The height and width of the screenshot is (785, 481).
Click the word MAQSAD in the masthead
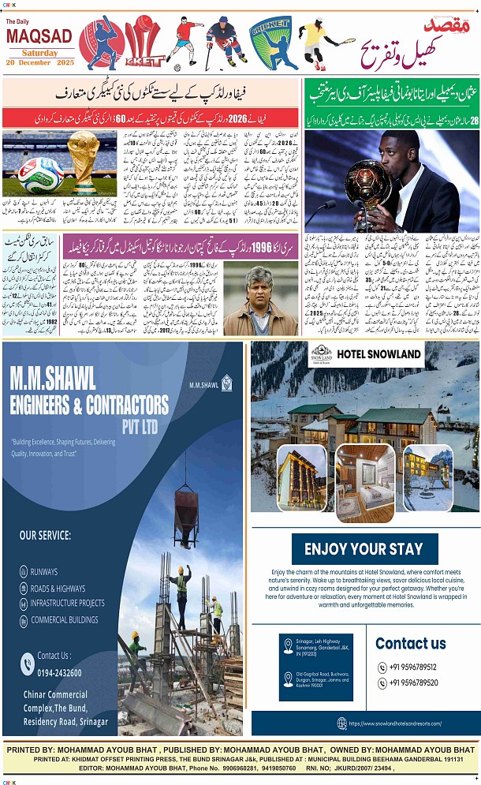pyautogui.click(x=39, y=36)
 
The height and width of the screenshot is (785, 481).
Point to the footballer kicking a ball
pyautogui.click(x=185, y=41)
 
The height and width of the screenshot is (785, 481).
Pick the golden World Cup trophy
pyautogui.click(x=80, y=162)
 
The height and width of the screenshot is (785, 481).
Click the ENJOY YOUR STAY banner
pyautogui.click(x=364, y=549)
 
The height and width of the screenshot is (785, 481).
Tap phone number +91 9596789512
pyautogui.click(x=413, y=667)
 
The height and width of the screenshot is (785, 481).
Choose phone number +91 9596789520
pyautogui.click(x=413, y=683)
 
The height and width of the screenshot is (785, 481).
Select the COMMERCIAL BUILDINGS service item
pyautogui.click(x=65, y=619)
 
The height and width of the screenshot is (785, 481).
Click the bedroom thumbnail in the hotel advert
pyautogui.click(x=365, y=483)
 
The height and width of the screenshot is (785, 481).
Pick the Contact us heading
pyautogui.click(x=411, y=643)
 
